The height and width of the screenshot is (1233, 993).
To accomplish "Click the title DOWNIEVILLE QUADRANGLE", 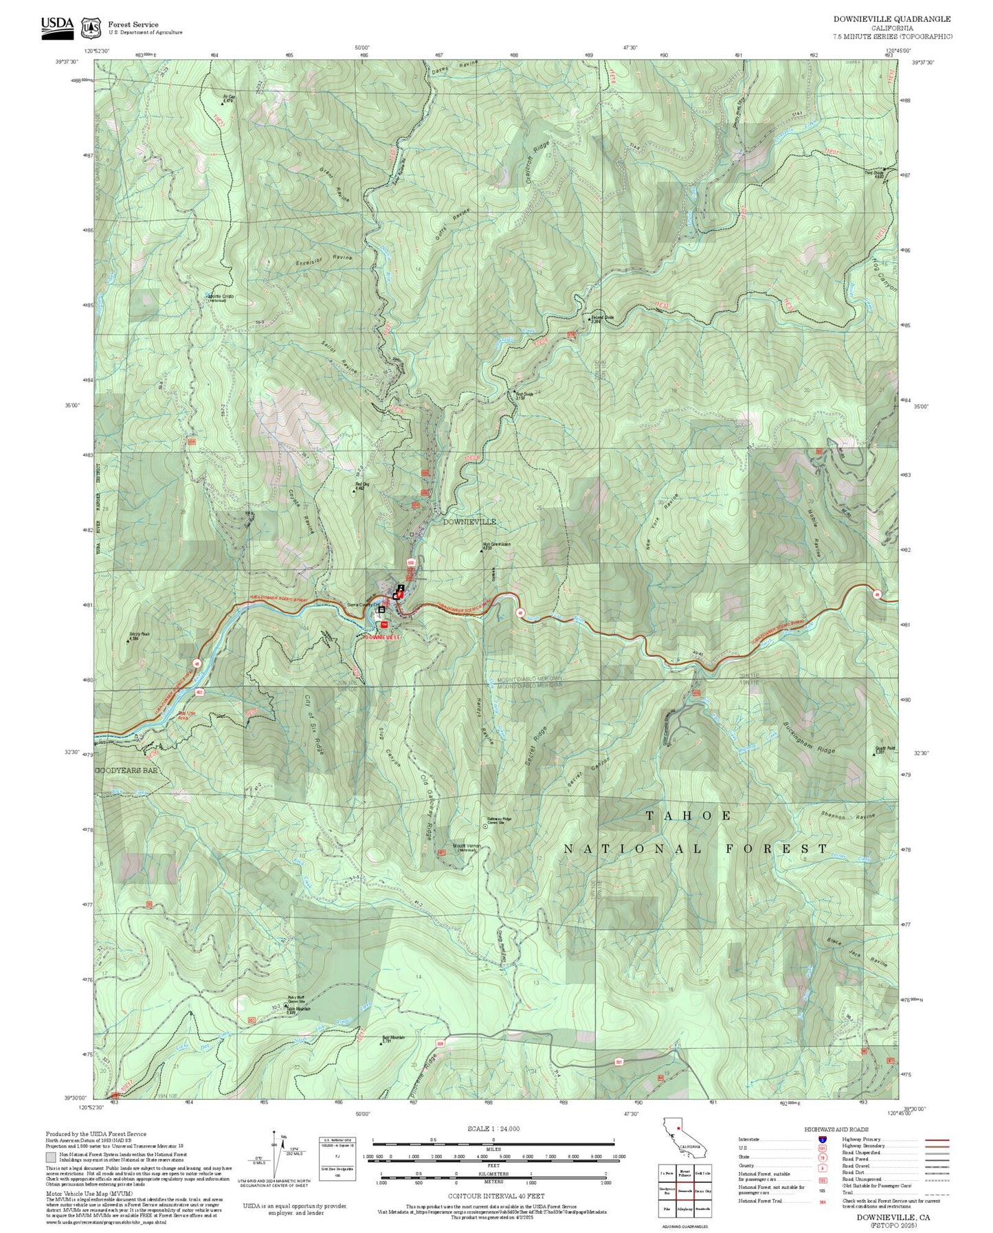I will pos(892,19).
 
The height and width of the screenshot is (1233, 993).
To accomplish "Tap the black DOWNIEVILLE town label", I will pos(469,522).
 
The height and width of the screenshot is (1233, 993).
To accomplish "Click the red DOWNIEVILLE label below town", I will pos(382,638).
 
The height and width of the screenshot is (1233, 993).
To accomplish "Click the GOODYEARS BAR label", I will pos(126,770).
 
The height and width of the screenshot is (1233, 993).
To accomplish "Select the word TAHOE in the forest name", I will pos(689,815).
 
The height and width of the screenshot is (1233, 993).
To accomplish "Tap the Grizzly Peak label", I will pos(139,636).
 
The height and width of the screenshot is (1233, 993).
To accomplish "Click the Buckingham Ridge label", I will pos(810,739).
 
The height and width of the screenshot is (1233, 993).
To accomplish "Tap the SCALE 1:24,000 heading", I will pos(493,1129).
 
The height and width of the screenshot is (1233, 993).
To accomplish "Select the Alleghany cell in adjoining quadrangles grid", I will pos(684,1208).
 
